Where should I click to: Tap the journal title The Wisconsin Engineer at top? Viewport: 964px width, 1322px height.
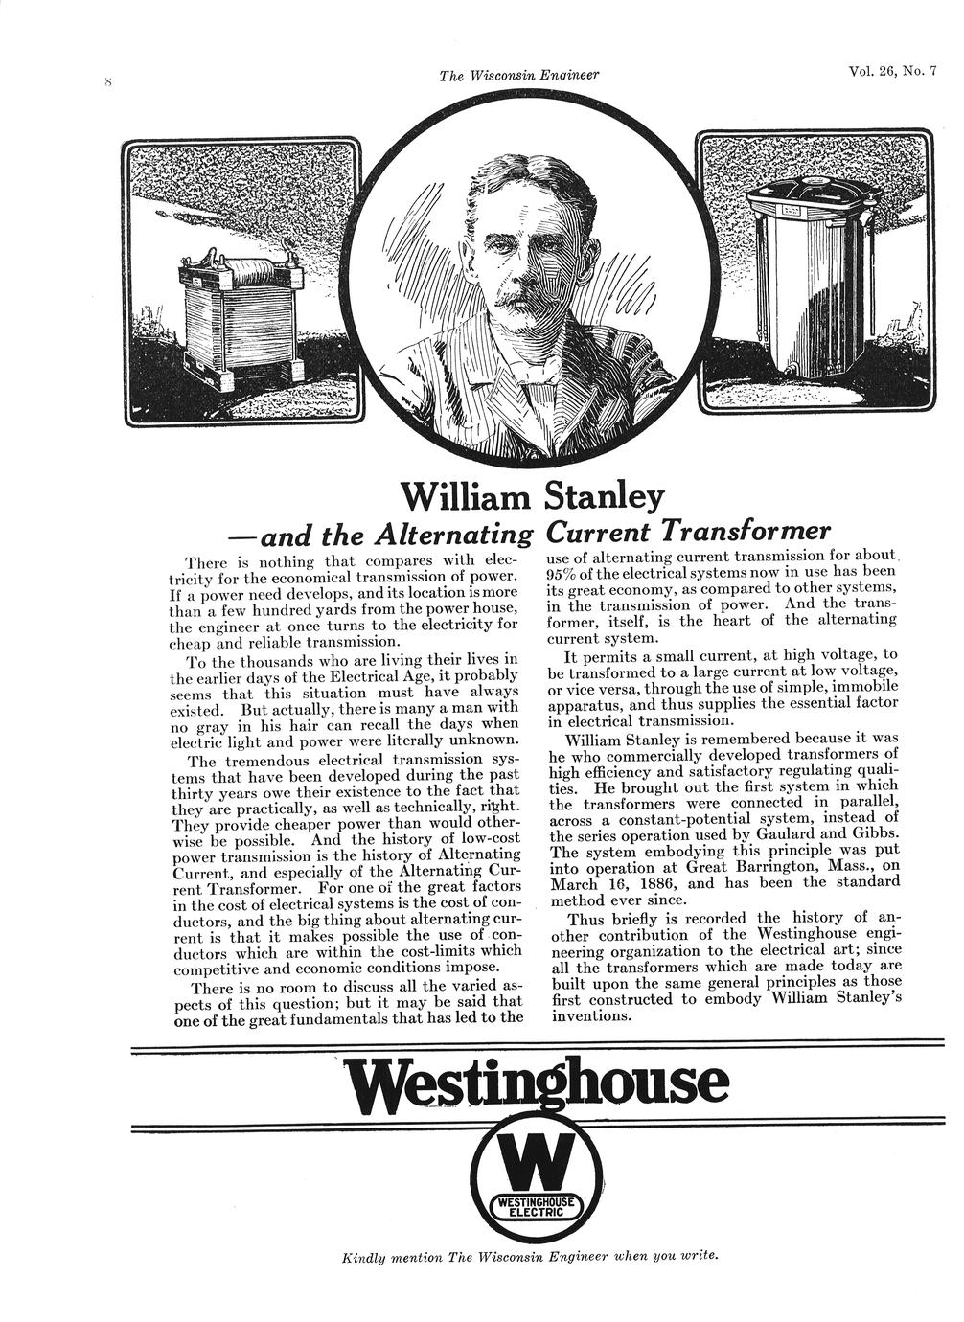pos(518,77)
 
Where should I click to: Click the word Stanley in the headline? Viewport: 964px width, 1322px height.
pos(604,496)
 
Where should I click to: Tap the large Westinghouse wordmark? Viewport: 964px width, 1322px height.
pos(537,1084)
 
